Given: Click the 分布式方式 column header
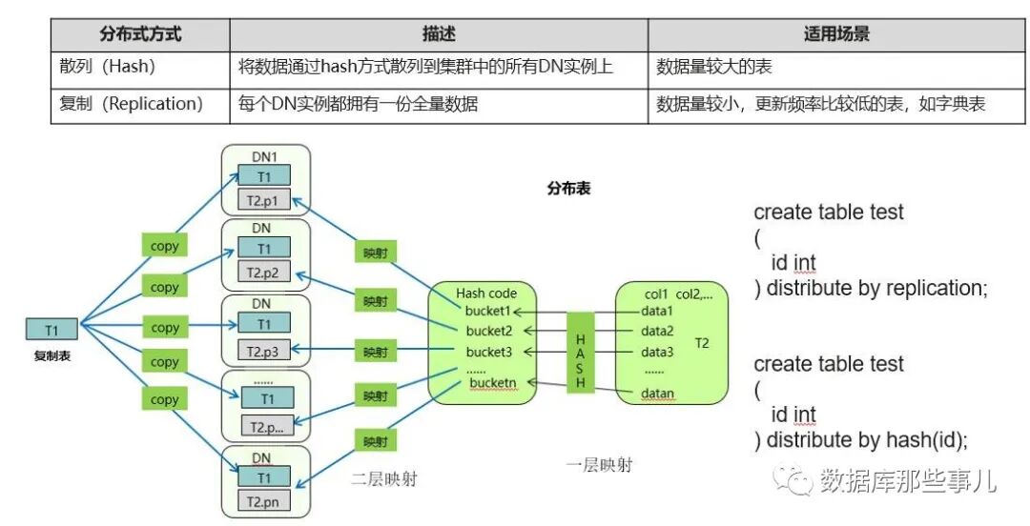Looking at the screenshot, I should pyautogui.click(x=140, y=34).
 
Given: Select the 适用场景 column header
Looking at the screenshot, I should pyautogui.click(x=836, y=34).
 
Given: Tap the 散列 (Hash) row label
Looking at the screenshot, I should pyautogui.click(x=108, y=68).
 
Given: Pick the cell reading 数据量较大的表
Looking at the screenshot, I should pyautogui.click(x=714, y=68).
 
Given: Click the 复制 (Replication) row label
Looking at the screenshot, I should pyautogui.click(x=132, y=104).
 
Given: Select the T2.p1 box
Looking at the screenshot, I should pyautogui.click(x=266, y=200).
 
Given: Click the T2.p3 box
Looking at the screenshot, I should pyautogui.click(x=266, y=352).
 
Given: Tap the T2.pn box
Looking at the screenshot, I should pyautogui.click(x=266, y=502).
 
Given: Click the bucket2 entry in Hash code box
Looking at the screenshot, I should pyautogui.click(x=490, y=331).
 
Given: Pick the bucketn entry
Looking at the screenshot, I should pyautogui.click(x=492, y=383).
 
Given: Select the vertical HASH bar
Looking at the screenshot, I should pyautogui.click(x=580, y=354).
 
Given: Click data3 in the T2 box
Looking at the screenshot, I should pyautogui.click(x=658, y=352).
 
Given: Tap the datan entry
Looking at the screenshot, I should pyautogui.click(x=658, y=393).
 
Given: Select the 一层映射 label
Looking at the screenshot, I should pyautogui.click(x=599, y=465).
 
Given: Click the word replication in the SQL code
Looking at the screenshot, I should pyautogui.click(x=935, y=288).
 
